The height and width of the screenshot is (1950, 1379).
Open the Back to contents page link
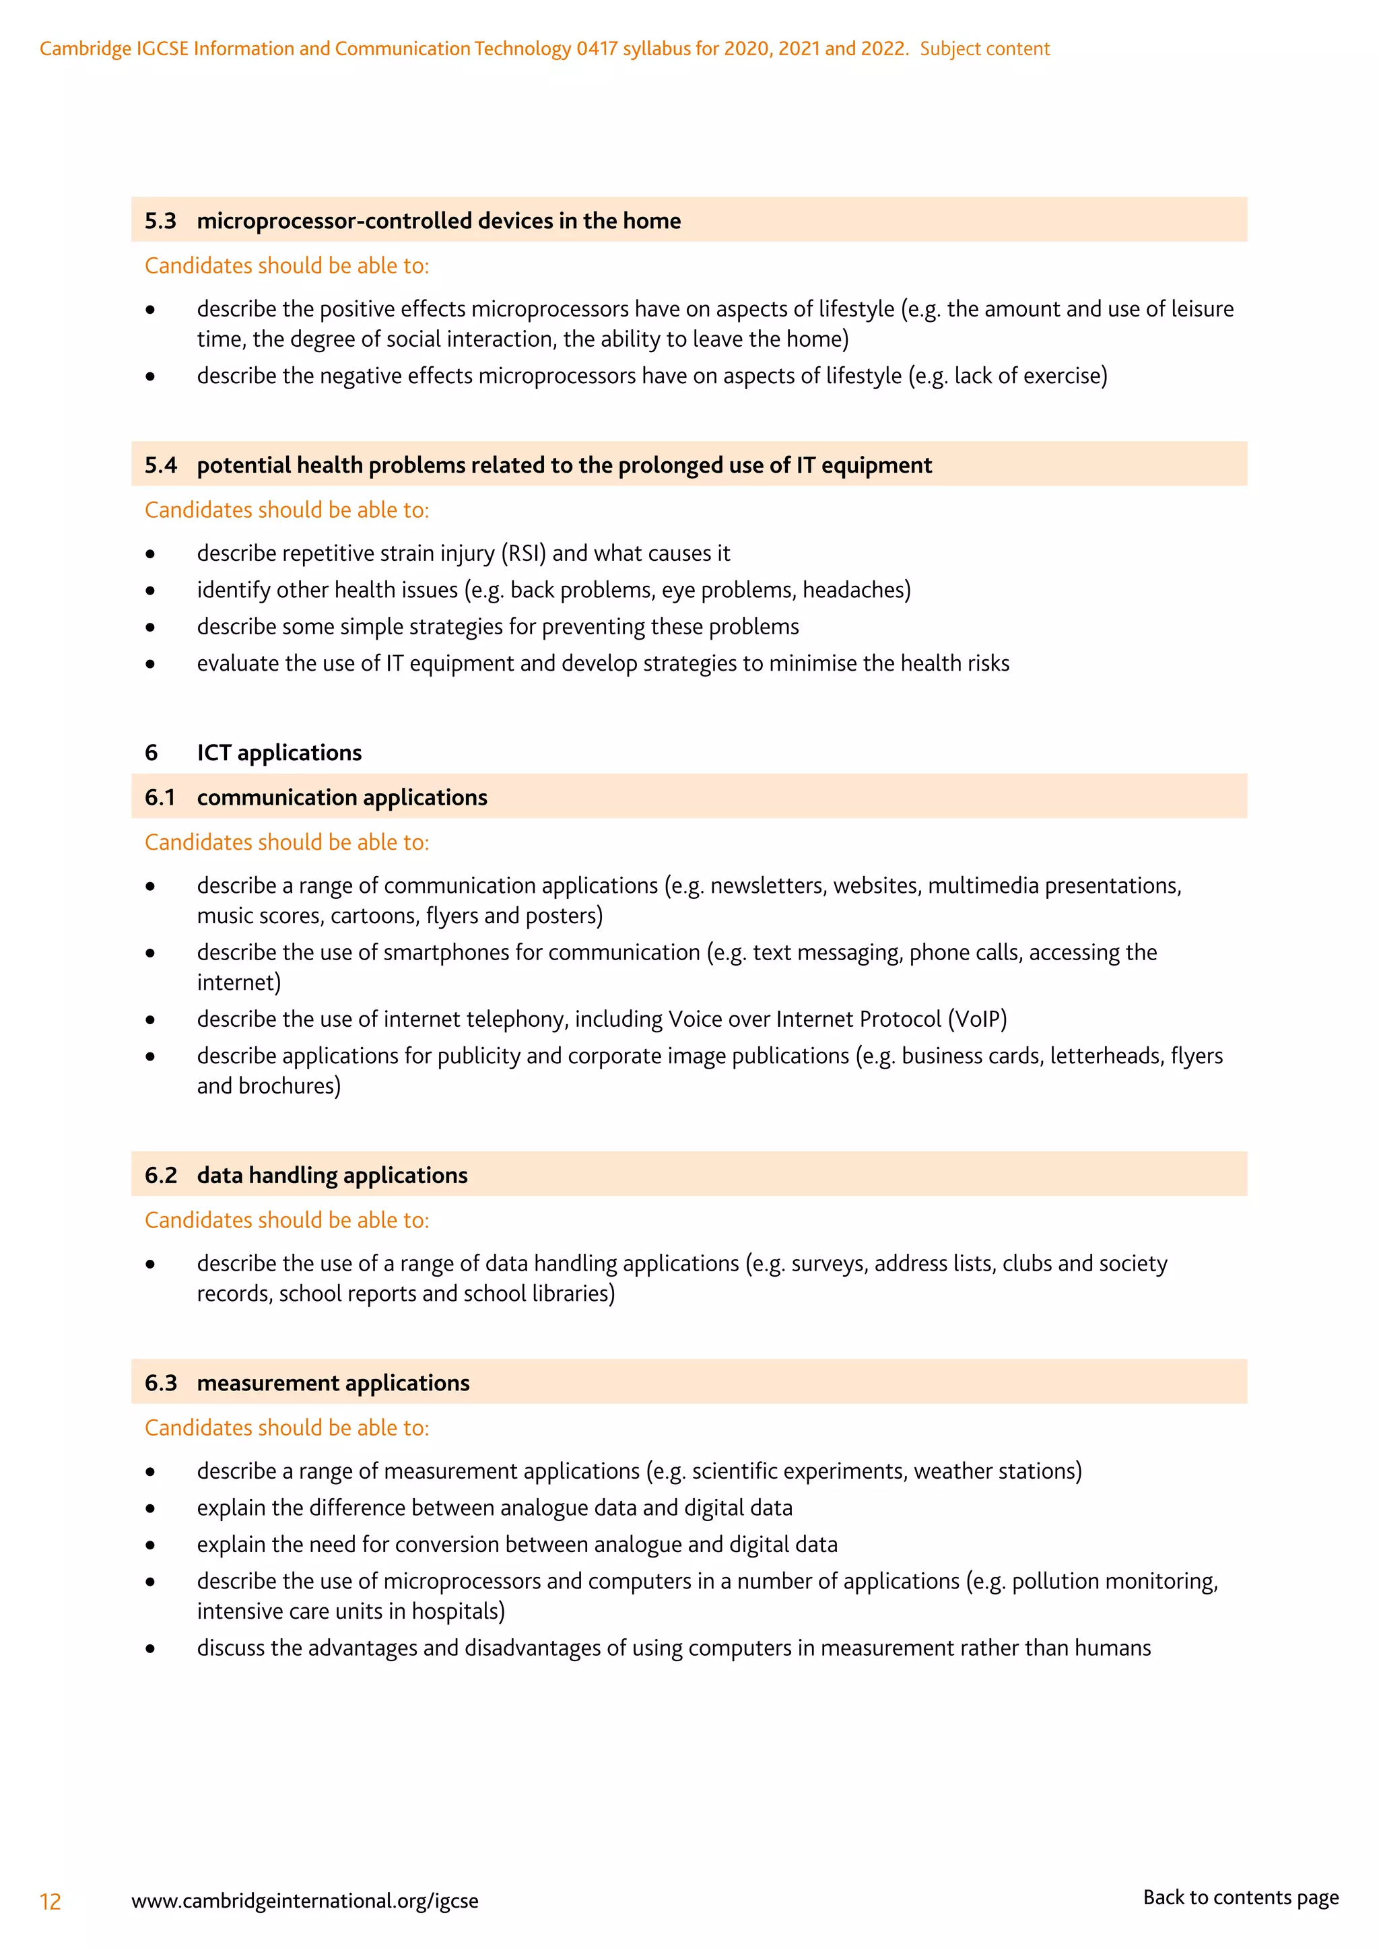tap(1240, 1897)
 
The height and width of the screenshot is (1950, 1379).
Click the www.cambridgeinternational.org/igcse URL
tap(305, 1901)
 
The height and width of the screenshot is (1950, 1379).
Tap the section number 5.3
tap(160, 221)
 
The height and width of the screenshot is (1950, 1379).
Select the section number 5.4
tap(160, 465)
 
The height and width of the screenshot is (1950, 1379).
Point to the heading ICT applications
tap(279, 753)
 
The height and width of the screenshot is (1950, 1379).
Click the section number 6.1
tap(160, 797)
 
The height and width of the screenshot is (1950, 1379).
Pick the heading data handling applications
tap(332, 1176)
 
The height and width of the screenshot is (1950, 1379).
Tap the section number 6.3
tap(160, 1382)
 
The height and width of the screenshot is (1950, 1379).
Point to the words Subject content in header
tap(984, 48)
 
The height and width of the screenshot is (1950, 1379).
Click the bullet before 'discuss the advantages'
tap(150, 1649)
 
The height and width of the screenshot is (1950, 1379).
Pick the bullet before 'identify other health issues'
tap(150, 591)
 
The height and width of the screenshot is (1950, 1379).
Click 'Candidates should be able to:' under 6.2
tap(286, 1221)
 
